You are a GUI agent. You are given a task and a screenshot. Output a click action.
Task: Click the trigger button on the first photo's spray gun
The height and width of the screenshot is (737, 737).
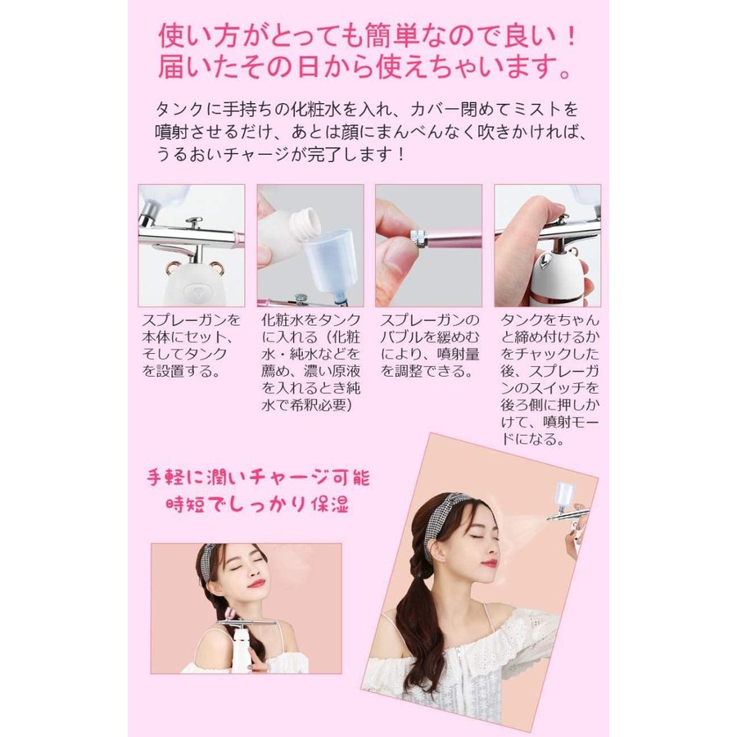[x=194, y=222]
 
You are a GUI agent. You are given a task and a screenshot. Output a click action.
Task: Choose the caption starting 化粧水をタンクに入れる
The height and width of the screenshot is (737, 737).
[x=310, y=361]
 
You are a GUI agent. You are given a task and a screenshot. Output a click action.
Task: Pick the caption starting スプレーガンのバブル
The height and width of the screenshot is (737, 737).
[x=427, y=345]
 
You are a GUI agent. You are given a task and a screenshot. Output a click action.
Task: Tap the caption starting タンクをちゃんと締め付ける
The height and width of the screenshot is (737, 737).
[x=547, y=378]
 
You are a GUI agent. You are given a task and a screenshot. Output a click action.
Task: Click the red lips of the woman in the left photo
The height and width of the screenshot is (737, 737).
[x=259, y=585]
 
